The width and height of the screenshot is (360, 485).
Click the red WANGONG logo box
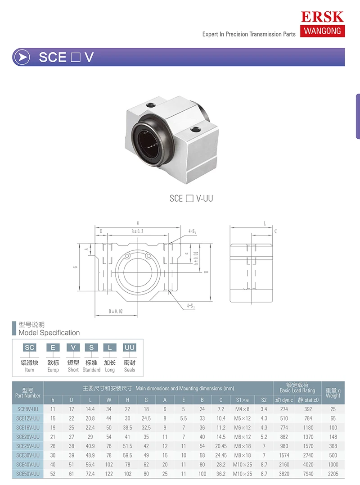[322, 31]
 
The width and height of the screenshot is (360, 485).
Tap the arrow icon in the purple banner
[22, 57]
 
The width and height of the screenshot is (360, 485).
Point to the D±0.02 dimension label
[116, 311]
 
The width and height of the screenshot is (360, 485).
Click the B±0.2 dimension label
[137, 231]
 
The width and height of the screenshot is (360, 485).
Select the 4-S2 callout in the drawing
[191, 306]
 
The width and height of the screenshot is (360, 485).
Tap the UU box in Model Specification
[130, 347]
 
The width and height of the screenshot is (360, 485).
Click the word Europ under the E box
[53, 370]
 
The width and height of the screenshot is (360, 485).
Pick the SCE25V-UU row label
[28, 446]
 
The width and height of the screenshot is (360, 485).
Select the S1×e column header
[242, 399]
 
